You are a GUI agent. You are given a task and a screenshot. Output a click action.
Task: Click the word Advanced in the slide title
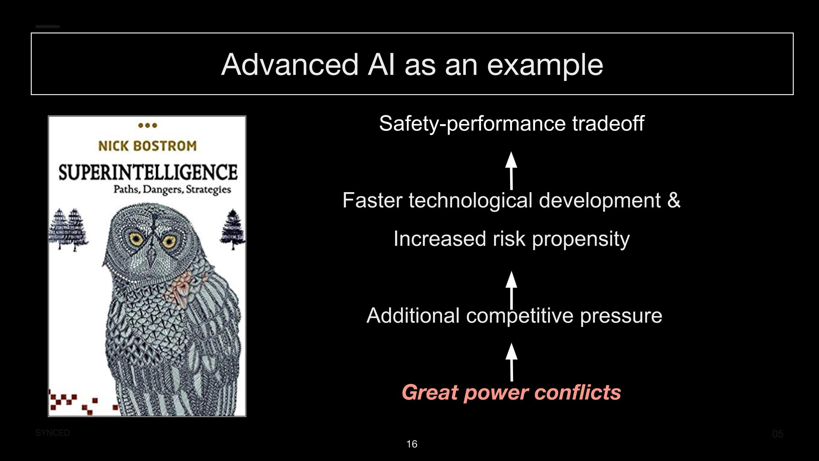pyautogui.click(x=290, y=64)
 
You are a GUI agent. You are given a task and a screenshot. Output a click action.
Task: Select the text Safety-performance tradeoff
pyautogui.click(x=512, y=124)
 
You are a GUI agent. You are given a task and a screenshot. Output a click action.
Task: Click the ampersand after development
pyautogui.click(x=674, y=200)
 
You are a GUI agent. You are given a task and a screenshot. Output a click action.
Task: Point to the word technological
pyautogui.click(x=470, y=200)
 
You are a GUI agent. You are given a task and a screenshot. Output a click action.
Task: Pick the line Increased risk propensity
pyautogui.click(x=511, y=239)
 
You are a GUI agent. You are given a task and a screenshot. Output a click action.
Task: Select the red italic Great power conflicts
pyautogui.click(x=511, y=392)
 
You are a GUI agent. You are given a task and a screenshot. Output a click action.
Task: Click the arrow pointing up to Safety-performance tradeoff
pyautogui.click(x=511, y=170)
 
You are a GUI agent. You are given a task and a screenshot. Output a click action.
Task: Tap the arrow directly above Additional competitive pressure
pyautogui.click(x=511, y=290)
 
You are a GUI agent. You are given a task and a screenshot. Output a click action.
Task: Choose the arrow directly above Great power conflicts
pyautogui.click(x=511, y=362)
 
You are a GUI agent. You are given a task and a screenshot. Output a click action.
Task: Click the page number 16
pyautogui.click(x=412, y=444)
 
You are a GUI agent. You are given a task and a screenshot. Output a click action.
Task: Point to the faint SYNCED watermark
pyautogui.click(x=52, y=433)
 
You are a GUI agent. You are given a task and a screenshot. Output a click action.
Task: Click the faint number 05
pyautogui.click(x=778, y=434)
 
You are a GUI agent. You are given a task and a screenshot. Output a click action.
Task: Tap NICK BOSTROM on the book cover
pyautogui.click(x=147, y=146)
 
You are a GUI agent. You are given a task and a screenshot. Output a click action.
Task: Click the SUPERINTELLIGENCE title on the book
pyautogui.click(x=148, y=172)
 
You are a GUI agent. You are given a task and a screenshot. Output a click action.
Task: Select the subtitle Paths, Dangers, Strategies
pyautogui.click(x=172, y=190)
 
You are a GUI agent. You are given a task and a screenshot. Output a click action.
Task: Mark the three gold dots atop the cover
pyautogui.click(x=148, y=125)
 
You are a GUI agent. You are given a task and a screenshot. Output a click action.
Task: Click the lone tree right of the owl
pyautogui.click(x=233, y=229)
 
